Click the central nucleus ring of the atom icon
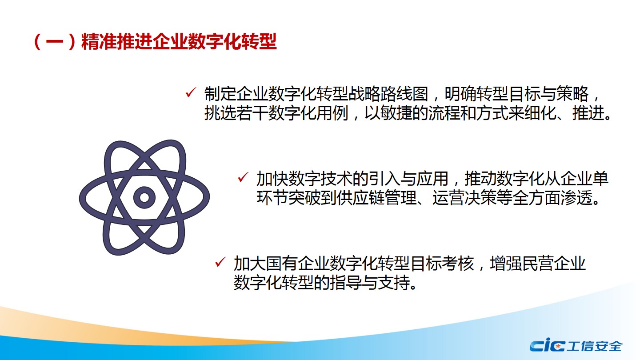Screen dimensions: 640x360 click(144, 197)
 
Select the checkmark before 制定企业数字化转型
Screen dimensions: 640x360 click(191, 92)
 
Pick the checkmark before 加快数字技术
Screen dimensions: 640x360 click(243, 177)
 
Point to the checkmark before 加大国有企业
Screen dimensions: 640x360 click(220, 262)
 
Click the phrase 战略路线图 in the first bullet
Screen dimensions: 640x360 click(388, 94)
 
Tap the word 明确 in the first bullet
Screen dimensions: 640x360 click(460, 94)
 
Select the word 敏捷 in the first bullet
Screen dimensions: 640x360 click(396, 113)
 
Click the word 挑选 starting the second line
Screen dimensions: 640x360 click(220, 113)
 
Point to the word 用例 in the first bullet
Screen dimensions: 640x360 click(332, 113)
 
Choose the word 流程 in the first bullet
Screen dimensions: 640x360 click(444, 113)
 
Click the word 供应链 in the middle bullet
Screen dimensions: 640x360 click(360, 197)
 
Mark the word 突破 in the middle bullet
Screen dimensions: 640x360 click(304, 197)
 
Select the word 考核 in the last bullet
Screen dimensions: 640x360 click(458, 264)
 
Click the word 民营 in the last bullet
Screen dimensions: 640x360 click(538, 264)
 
